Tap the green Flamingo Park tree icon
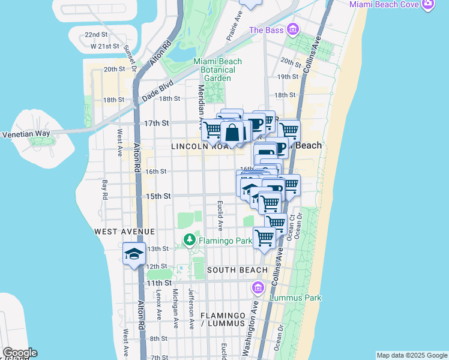pyautogui.click(x=190, y=241)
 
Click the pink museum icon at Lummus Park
pyautogui.click(x=259, y=289)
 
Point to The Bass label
pyautogui.click(x=265, y=30)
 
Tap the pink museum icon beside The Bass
pyautogui.click(x=292, y=29)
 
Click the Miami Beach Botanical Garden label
pyautogui.click(x=217, y=70)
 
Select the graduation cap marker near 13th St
pyautogui.click(x=134, y=254)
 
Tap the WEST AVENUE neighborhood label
pyautogui.click(x=124, y=231)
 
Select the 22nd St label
pyautogui.click(x=96, y=35)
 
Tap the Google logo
pyautogui.click(x=20, y=353)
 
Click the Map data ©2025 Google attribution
pyautogui.click(x=411, y=355)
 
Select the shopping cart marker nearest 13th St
pyautogui.click(x=265, y=238)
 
